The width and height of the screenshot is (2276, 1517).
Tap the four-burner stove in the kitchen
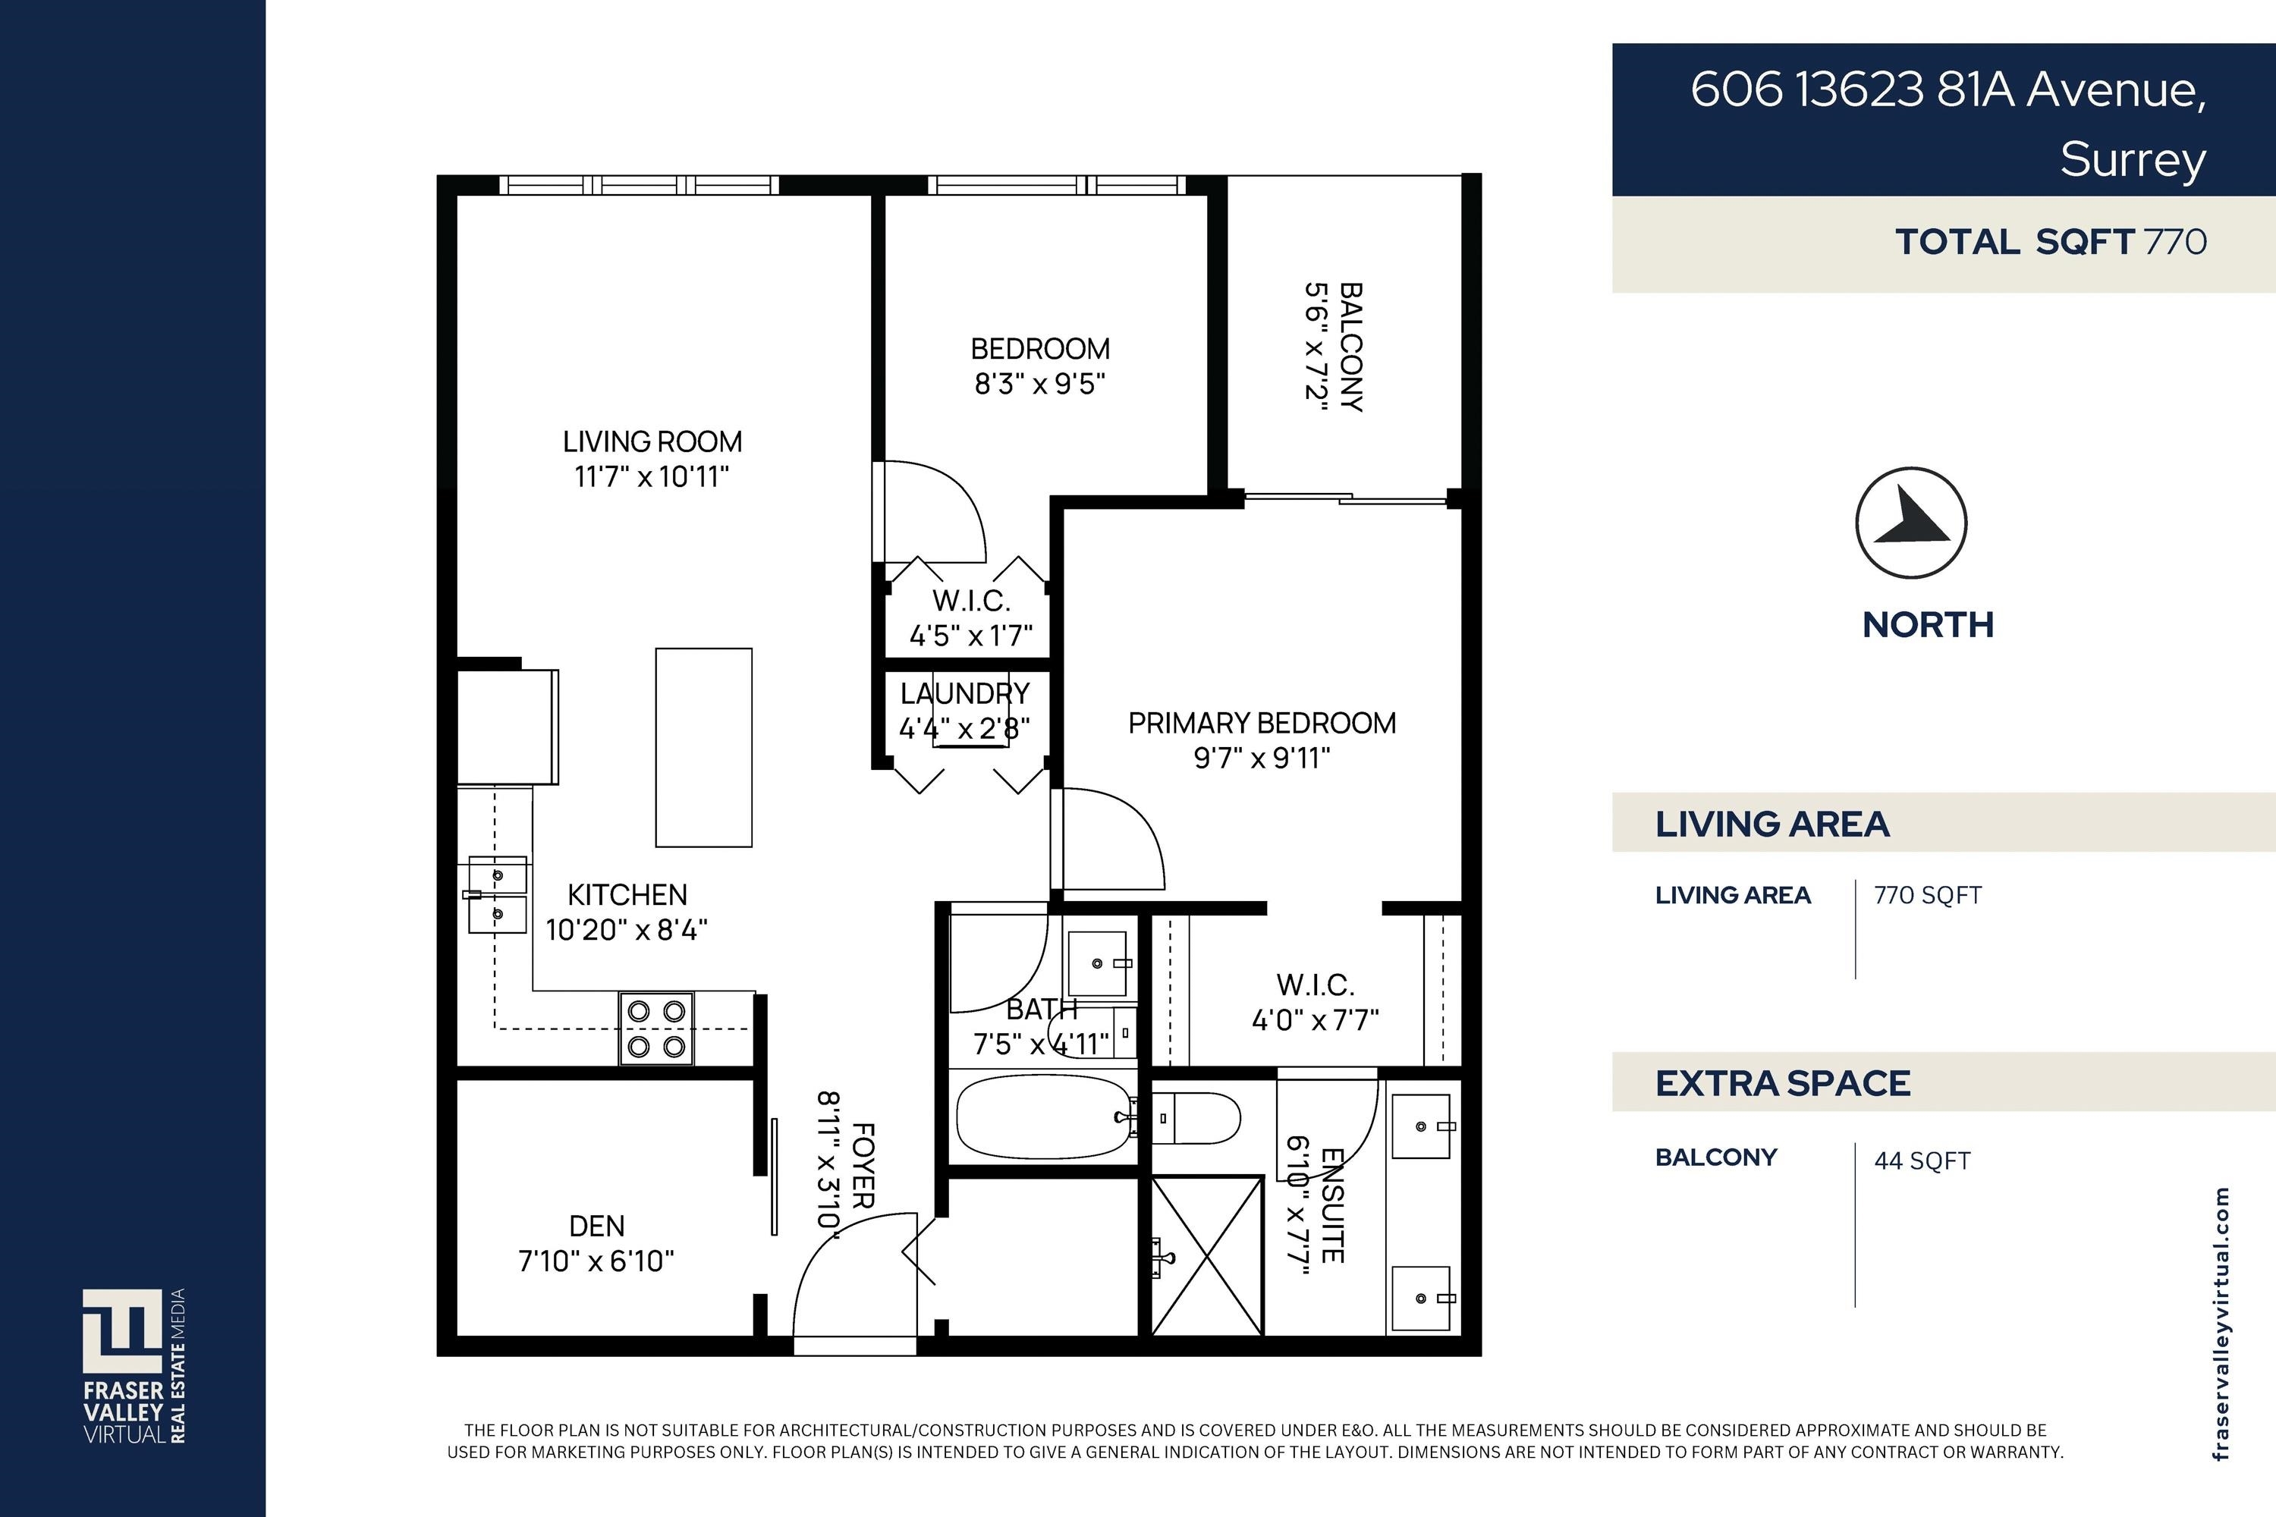coord(656,1029)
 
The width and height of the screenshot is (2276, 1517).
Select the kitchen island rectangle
coord(703,747)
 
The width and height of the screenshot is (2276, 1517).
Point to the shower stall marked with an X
coord(1207,1256)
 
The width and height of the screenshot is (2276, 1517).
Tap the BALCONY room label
coord(1351,347)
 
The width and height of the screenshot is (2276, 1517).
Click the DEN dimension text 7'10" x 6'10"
coord(596,1261)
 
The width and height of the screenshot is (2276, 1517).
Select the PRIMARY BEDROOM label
coord(1262,723)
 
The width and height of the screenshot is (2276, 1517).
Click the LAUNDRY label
coord(965,694)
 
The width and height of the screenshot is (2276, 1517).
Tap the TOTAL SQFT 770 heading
coord(2050,242)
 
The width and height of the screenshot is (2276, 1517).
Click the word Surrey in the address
coord(2133,159)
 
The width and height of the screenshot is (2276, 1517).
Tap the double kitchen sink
coord(498,895)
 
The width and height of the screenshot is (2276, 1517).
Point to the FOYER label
coord(862,1165)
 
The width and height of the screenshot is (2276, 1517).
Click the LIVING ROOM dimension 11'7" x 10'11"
coord(651,477)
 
